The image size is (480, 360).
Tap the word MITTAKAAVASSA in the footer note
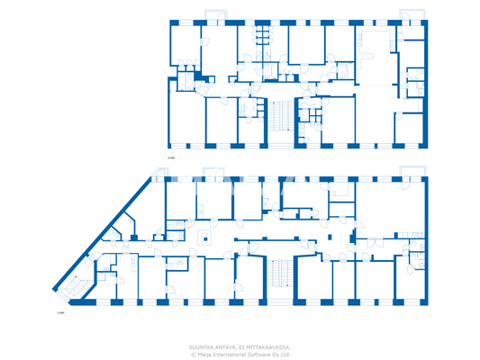[267, 346]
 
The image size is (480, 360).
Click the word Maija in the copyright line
[205, 354]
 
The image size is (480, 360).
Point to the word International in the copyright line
[231, 354]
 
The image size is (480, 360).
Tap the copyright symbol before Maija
[193, 354]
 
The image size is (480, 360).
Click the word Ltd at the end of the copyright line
[285, 354]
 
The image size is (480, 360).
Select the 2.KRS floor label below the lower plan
[60, 314]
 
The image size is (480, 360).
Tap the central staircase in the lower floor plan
[279, 274]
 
